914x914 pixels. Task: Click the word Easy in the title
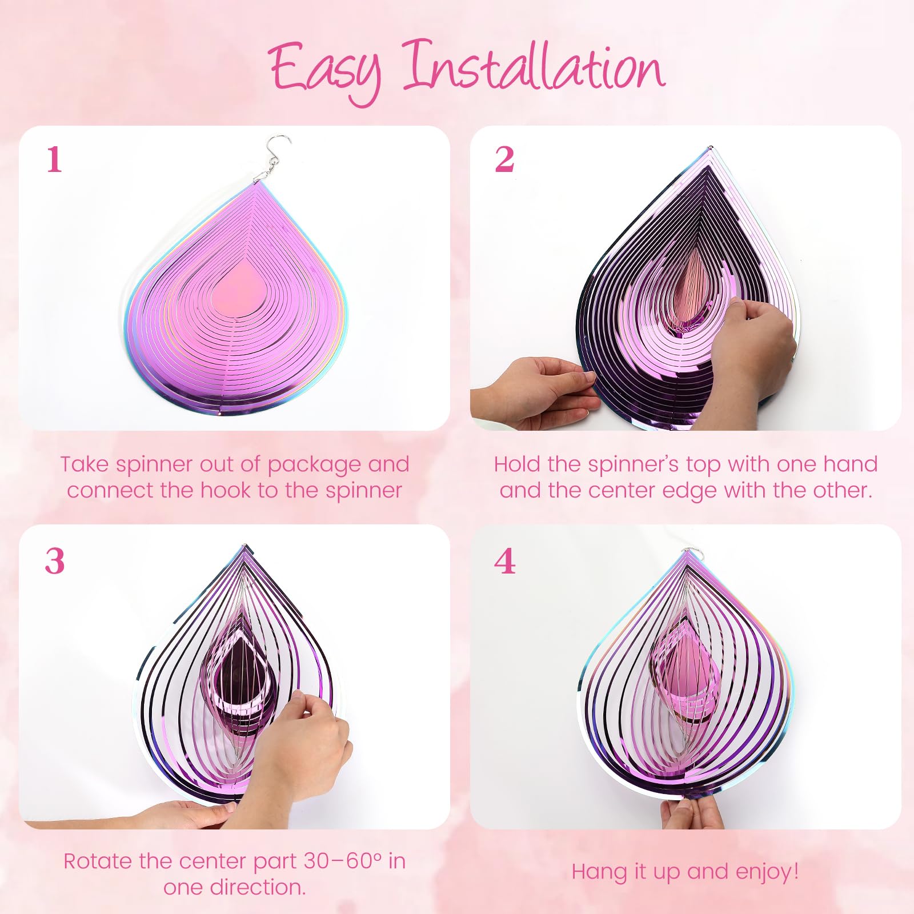[324, 71]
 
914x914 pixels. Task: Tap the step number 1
[54, 159]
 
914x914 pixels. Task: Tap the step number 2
[504, 159]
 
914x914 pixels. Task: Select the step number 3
[55, 561]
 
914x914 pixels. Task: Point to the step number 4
[505, 561]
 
